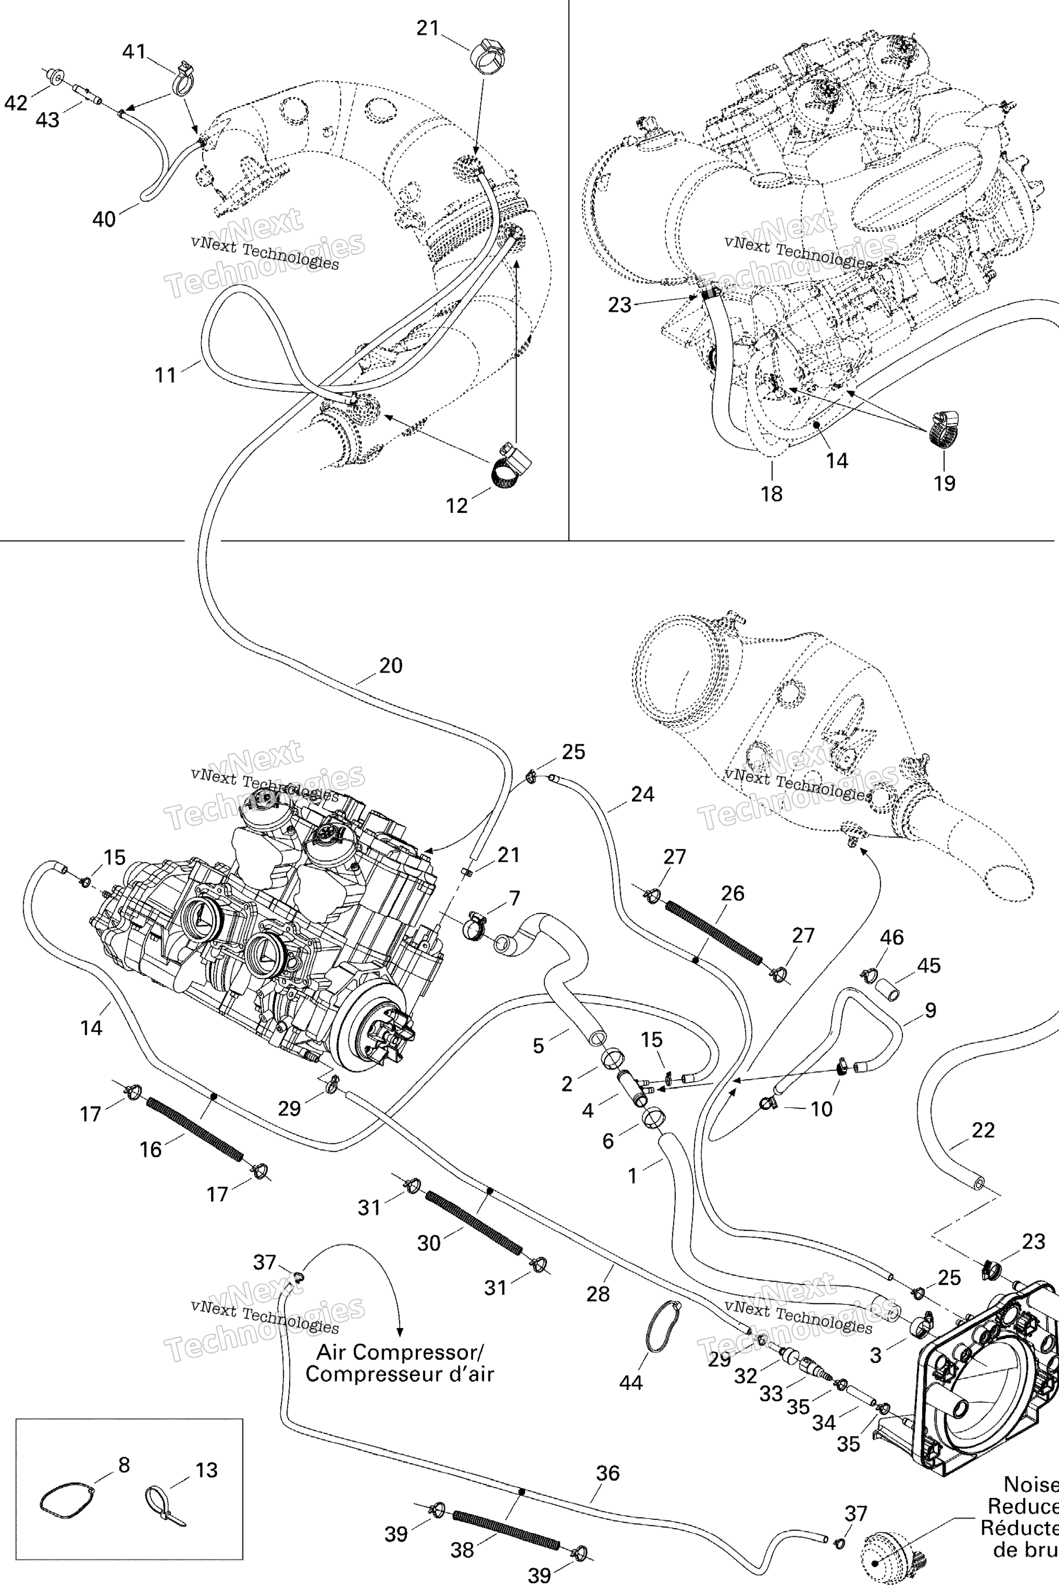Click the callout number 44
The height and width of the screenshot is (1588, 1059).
[x=631, y=1402]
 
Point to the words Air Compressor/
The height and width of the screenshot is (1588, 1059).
[x=400, y=1352]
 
